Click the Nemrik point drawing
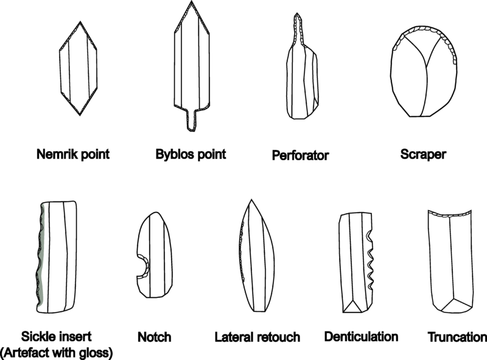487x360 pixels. click(79, 68)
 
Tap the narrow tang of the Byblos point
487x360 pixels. click(192, 116)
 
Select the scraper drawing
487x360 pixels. click(425, 72)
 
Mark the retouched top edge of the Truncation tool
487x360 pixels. click(451, 213)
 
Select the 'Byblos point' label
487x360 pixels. click(191, 154)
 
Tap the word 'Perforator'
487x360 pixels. click(300, 155)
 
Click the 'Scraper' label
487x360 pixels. click(423, 155)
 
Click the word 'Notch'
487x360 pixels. click(155, 337)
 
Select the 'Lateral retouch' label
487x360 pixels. click(258, 337)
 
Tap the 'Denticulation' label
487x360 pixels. click(362, 336)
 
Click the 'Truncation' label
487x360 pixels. click(457, 337)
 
